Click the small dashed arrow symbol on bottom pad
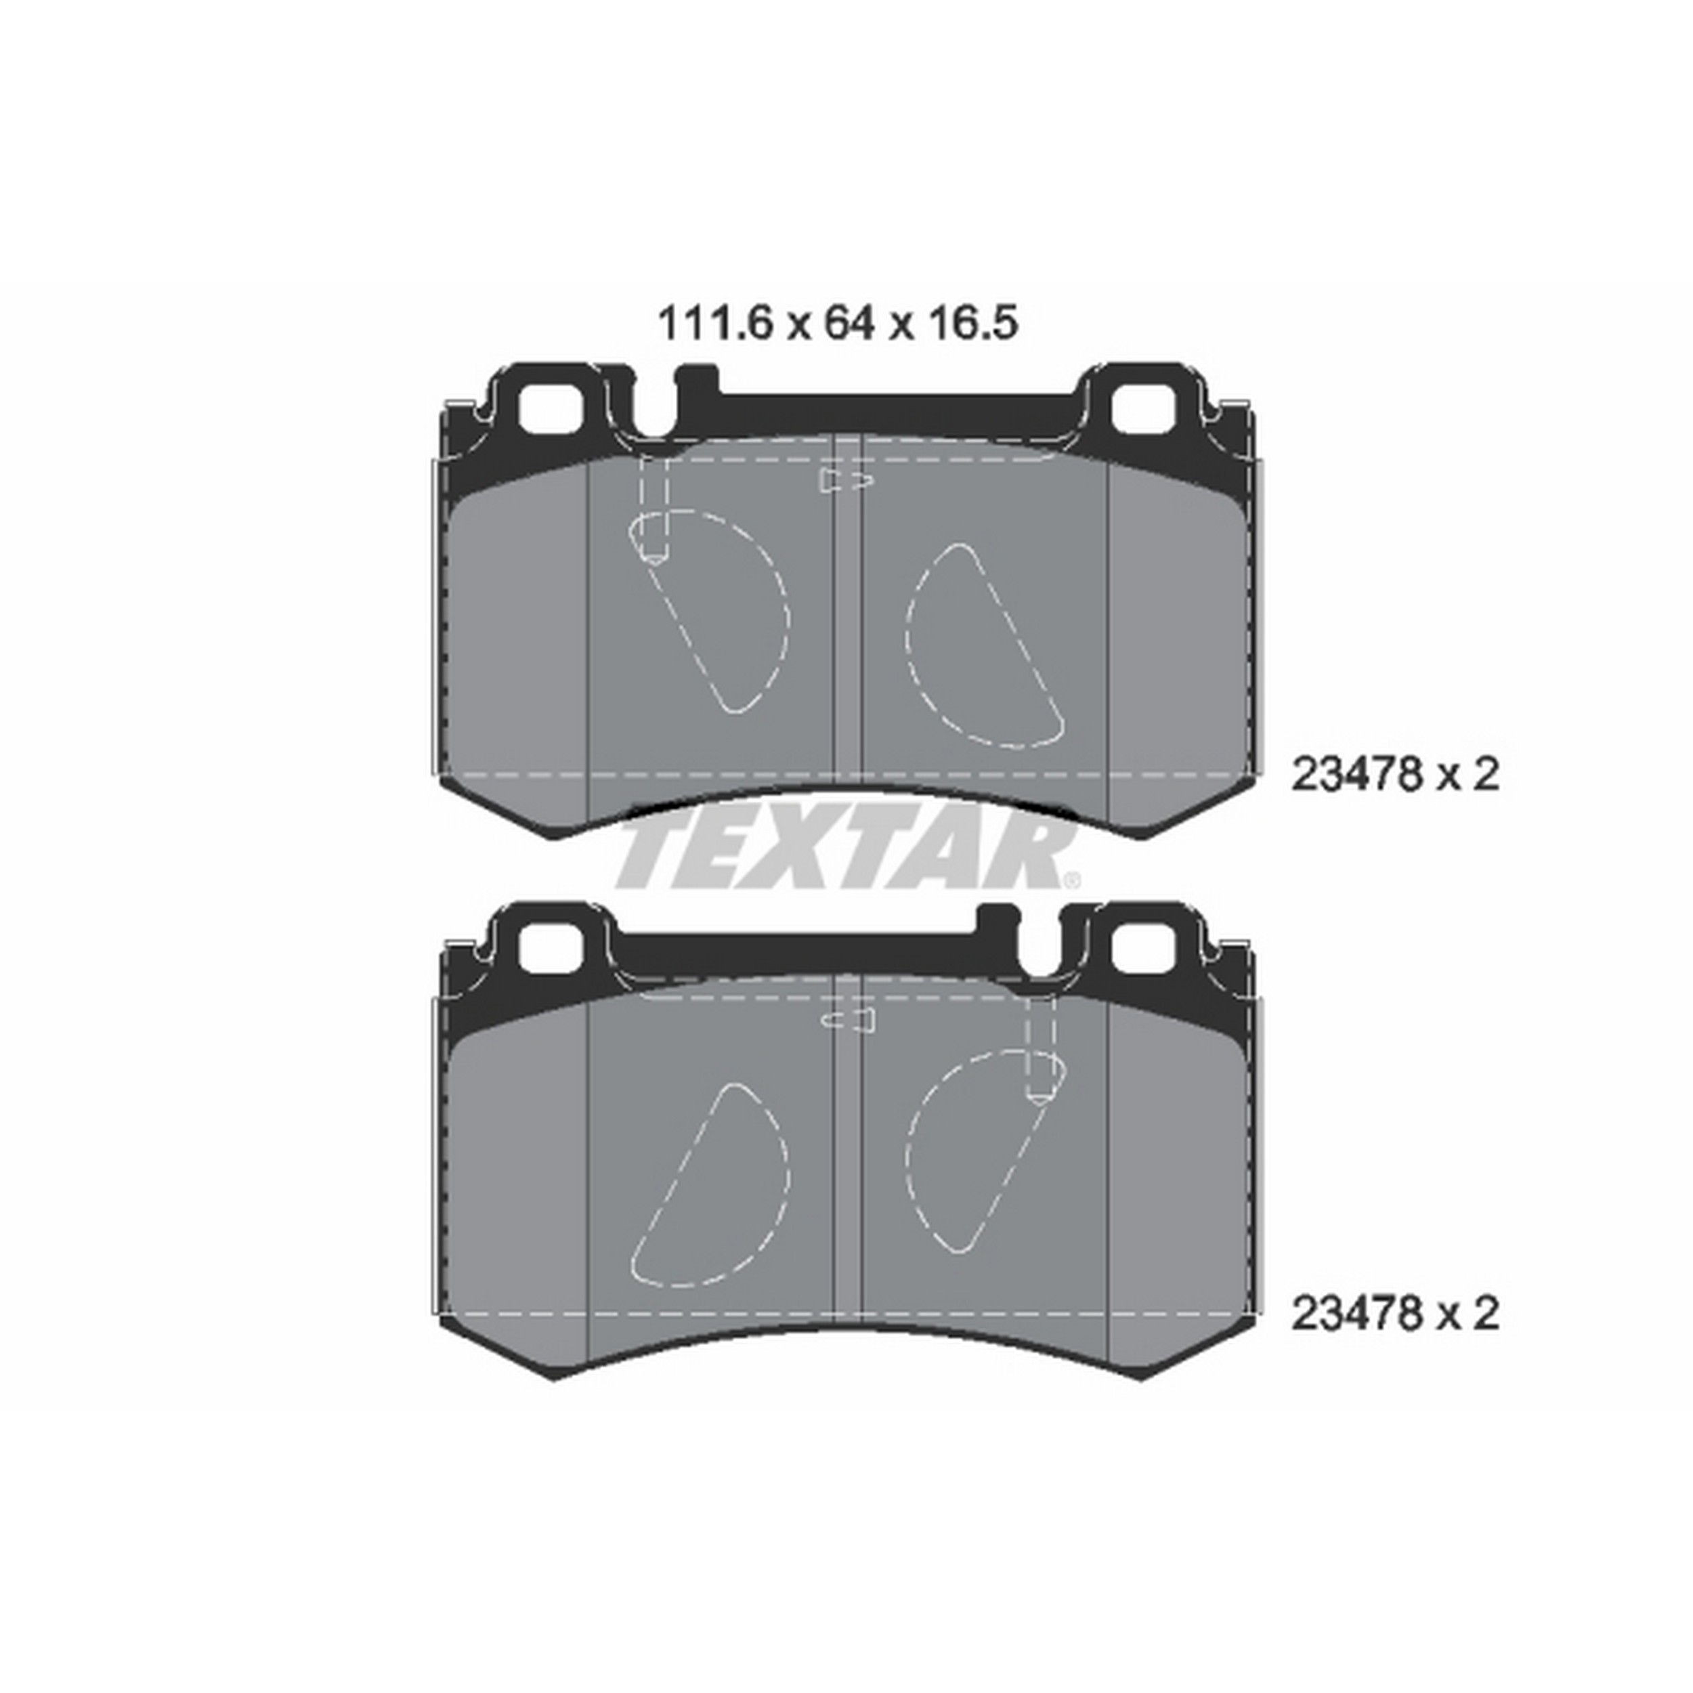pos(849,1019)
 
